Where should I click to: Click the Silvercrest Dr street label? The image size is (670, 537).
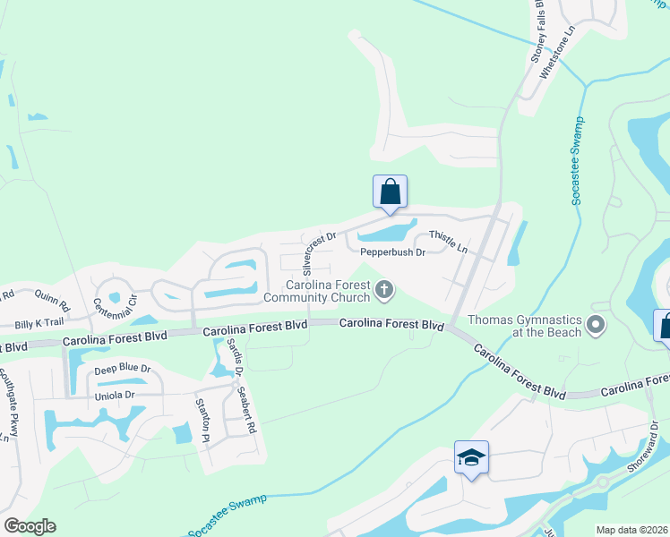point(318,253)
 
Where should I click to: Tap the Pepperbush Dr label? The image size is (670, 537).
point(391,252)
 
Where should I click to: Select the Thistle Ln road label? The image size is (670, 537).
point(449,241)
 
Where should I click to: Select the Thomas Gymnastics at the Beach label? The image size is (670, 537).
point(524,325)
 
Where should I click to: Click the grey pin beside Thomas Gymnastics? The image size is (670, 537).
point(596,324)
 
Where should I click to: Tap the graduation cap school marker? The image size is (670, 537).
point(471,458)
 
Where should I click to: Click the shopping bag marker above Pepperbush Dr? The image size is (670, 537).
point(390,191)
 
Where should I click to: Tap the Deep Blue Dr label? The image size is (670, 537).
point(123,368)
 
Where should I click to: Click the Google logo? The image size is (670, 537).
point(30,526)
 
